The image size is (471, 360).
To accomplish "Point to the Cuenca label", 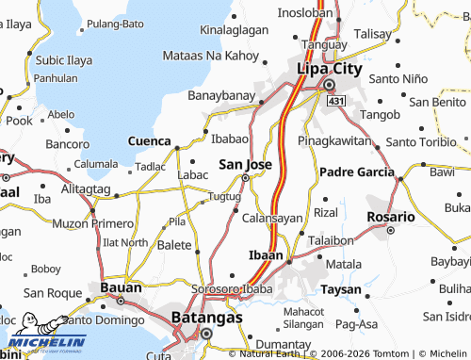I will click(149, 140).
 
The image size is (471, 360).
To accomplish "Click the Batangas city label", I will click(207, 319).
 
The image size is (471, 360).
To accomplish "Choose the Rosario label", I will click(390, 217).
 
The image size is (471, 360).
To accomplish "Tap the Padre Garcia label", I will click(357, 172).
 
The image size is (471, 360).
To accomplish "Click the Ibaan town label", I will click(265, 255).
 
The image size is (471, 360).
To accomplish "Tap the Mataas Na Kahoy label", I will click(209, 57).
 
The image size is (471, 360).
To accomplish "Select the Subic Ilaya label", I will click(63, 59).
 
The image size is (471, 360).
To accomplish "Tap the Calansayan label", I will click(272, 218).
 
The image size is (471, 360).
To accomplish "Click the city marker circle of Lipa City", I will click(330, 85).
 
